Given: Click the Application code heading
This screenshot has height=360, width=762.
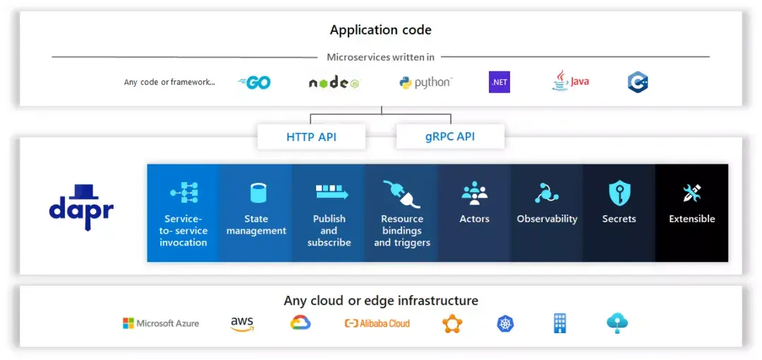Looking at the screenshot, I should click(380, 30).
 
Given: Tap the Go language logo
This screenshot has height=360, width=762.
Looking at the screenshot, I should click(255, 83).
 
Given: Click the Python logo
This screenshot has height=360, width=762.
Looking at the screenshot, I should click(425, 83).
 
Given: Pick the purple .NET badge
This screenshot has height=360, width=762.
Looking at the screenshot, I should click(499, 82).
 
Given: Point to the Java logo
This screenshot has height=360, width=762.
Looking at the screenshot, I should click(570, 81).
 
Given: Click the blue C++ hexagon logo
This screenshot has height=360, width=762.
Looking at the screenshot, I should click(638, 83).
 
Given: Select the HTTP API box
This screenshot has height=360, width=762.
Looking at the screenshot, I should click(311, 137).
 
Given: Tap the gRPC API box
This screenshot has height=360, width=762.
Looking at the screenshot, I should click(449, 137).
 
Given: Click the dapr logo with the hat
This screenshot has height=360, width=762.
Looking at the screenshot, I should click(81, 207).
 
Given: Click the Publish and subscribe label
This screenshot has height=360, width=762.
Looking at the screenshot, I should click(329, 231).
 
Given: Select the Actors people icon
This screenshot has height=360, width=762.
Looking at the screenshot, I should click(474, 193).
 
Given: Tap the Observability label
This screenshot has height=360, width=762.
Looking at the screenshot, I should click(547, 219).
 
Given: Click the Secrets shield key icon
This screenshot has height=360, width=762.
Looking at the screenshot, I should click(619, 193).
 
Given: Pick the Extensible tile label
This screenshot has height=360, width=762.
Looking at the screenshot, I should click(691, 219).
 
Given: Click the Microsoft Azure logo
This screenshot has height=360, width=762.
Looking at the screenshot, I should click(161, 323).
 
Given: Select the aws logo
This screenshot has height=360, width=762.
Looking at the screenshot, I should click(242, 323).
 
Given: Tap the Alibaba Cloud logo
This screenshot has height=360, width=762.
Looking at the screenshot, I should click(377, 323).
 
